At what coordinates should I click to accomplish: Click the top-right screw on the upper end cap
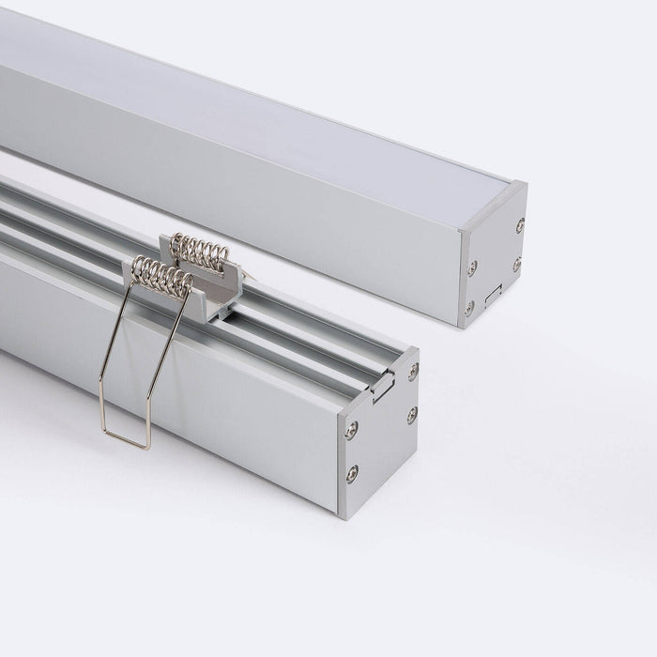point(519,225)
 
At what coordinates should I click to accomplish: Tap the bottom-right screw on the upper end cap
point(516,266)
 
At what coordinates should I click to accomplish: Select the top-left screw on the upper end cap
point(472,267)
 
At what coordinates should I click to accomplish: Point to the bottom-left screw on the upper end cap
point(469,307)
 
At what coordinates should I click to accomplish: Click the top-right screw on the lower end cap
point(413,372)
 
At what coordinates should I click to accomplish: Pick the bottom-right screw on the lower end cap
point(411,414)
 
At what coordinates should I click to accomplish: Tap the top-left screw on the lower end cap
point(351,431)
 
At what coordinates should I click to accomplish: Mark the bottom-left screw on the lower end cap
point(351,472)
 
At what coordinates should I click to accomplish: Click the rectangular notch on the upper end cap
point(493,294)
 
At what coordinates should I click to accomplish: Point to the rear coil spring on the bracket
point(200,251)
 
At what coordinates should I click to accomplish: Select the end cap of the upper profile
point(493,258)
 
